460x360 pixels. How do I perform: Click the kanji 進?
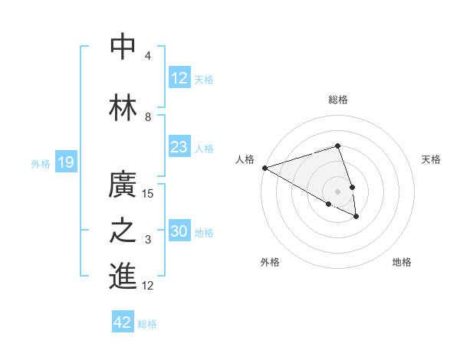pyautogui.click(x=123, y=276)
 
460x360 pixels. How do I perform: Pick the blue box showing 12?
pyautogui.click(x=179, y=78)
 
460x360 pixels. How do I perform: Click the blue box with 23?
pyautogui.click(x=179, y=147)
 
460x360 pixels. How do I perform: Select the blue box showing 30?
pyautogui.click(x=179, y=231)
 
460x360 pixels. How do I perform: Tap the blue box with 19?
pyautogui.click(x=65, y=162)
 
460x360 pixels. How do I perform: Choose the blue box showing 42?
pyautogui.click(x=123, y=322)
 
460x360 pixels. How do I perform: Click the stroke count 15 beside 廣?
pyautogui.click(x=148, y=193)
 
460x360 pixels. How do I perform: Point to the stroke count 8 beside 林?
pyautogui.click(x=148, y=117)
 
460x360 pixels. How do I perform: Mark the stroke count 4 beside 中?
pyautogui.click(x=148, y=56)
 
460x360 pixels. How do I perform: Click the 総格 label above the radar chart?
pyautogui.click(x=337, y=100)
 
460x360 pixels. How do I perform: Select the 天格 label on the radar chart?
pyautogui.click(x=431, y=159)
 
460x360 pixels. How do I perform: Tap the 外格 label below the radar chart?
pyautogui.click(x=270, y=262)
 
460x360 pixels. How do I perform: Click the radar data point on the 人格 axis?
pyautogui.click(x=264, y=167)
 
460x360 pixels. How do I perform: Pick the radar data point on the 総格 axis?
pyautogui.click(x=337, y=146)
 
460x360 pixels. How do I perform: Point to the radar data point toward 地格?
pyautogui.click(x=356, y=217)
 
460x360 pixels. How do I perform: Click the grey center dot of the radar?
pyautogui.click(x=337, y=191)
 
